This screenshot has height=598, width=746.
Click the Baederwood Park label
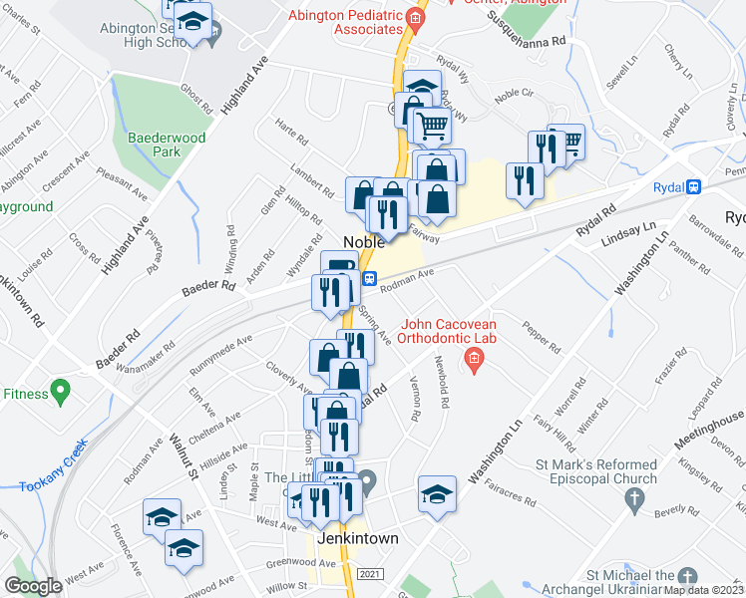(x=155, y=144)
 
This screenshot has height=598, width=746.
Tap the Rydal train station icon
(x=694, y=186)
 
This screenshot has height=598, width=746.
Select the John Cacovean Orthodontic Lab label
(x=449, y=330)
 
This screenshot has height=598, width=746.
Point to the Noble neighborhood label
(x=364, y=242)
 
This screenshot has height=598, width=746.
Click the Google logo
(x=33, y=586)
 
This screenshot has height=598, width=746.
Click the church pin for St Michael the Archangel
(x=687, y=576)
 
